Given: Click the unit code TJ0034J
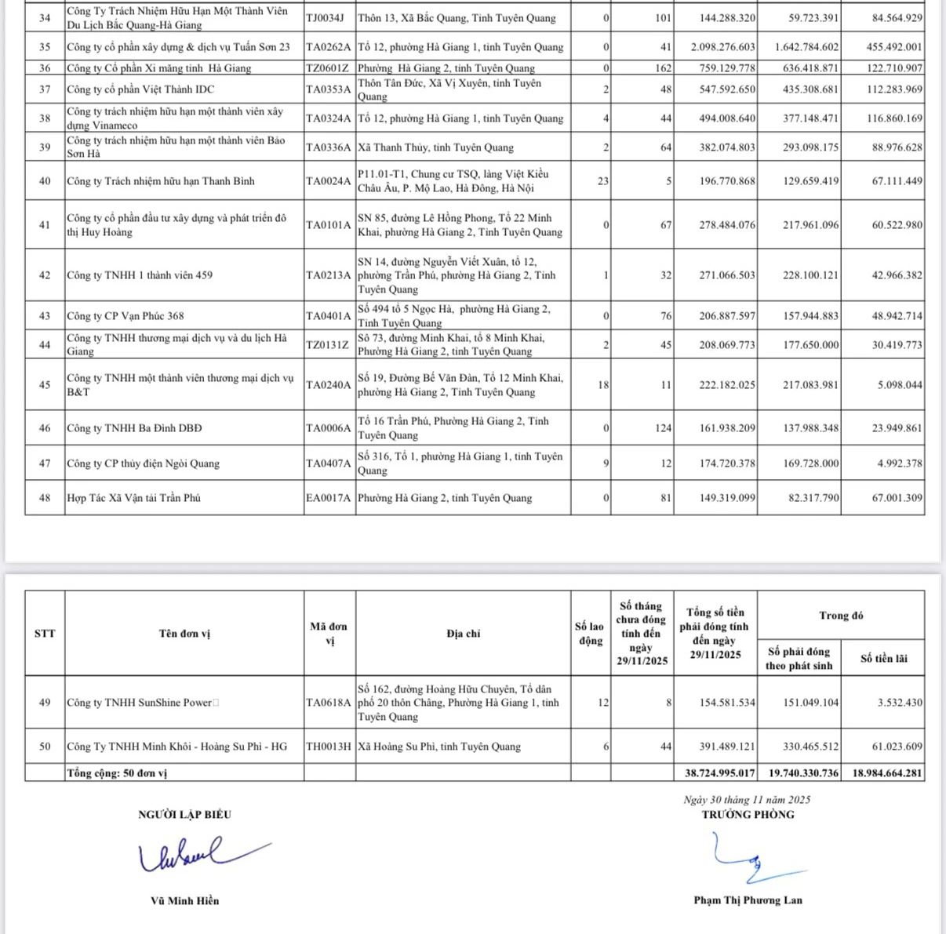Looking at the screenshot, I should tap(324, 18).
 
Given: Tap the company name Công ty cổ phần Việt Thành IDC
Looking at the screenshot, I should tap(140, 89).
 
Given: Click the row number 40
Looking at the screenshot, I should tap(45, 181).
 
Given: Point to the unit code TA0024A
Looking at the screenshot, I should tap(329, 181).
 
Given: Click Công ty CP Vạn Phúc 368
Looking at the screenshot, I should tap(126, 316).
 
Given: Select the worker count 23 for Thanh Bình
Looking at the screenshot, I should tap(602, 181).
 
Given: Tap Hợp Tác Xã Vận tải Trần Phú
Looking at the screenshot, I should tap(133, 498).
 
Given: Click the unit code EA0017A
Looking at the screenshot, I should tap(329, 498).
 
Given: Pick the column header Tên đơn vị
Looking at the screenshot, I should tap(184, 634).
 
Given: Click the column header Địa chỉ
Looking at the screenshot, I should tap(463, 634).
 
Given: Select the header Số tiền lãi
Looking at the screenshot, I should tap(883, 659).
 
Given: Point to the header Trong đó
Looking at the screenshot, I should tap(841, 616).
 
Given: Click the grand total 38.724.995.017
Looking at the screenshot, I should tap(719, 773).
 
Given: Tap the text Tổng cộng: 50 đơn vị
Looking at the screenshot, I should tap(117, 773).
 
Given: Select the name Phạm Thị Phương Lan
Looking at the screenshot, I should tap(748, 900).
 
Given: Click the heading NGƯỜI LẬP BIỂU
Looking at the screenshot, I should tap(184, 815).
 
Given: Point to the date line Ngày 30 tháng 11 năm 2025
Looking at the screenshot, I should tap(747, 800).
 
